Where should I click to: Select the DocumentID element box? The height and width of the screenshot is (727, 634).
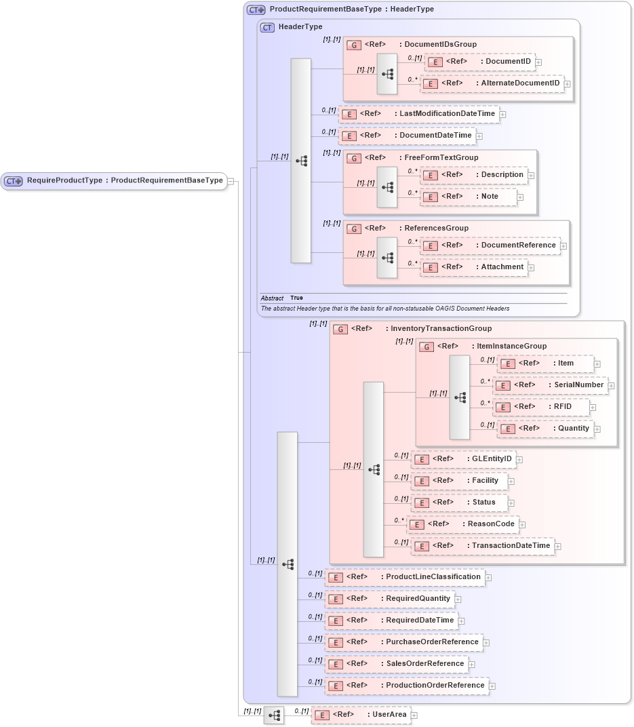[x=479, y=62]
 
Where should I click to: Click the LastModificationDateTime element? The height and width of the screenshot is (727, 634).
[x=419, y=114]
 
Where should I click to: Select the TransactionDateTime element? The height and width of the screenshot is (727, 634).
[x=482, y=546]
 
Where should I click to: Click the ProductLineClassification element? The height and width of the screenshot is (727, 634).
[x=404, y=577]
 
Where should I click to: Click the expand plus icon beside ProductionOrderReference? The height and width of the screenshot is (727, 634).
[x=492, y=686]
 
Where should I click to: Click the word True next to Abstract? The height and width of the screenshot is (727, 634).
[x=296, y=298]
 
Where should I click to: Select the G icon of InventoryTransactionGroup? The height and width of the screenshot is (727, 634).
[x=340, y=329]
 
